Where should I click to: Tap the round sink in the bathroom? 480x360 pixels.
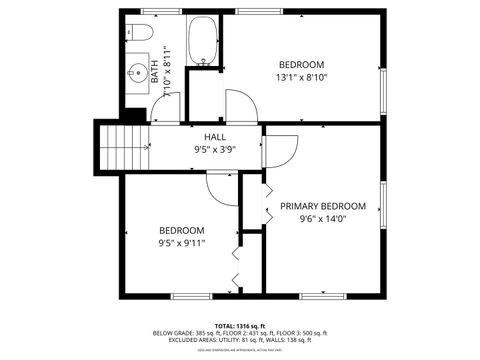click(x=137, y=73)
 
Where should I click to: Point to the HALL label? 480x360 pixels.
click(x=215, y=137)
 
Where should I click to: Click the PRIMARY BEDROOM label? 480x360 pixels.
click(x=322, y=206)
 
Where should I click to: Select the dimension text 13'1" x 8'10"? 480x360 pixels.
click(x=301, y=77)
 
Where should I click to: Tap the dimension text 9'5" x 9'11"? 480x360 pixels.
click(x=181, y=242)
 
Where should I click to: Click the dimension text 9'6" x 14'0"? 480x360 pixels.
click(x=322, y=219)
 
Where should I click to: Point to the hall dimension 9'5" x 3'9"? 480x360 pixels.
click(x=215, y=150)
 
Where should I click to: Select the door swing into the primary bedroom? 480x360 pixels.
click(x=281, y=151)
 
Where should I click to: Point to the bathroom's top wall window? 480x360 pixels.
click(x=156, y=11)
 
